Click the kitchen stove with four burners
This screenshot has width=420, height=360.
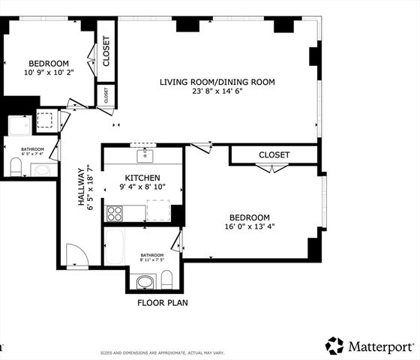pos(115,213)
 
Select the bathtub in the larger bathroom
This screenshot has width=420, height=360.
pos(115,247)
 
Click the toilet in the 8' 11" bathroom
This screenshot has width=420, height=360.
pos(167,281)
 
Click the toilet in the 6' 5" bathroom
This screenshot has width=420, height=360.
pos(15,165)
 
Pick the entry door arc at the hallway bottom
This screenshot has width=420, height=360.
pos(77,255)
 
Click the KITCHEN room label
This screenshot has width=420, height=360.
pos(142,177)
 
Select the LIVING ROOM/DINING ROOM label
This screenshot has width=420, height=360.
pos(217,82)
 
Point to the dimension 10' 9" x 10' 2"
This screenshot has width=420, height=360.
pos(49,73)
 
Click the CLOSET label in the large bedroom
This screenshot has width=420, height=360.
pos(274,154)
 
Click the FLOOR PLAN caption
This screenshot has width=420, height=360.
pos(162,303)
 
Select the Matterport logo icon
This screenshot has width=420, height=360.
pos(334,346)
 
